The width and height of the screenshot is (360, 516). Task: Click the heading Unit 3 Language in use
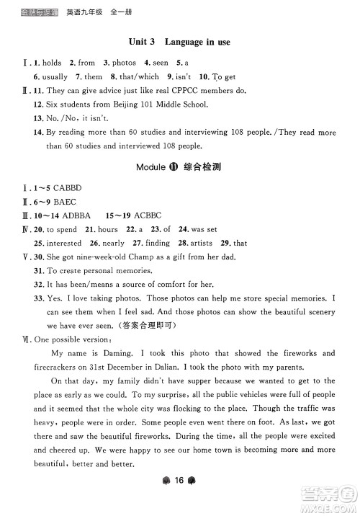point(179,43)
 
